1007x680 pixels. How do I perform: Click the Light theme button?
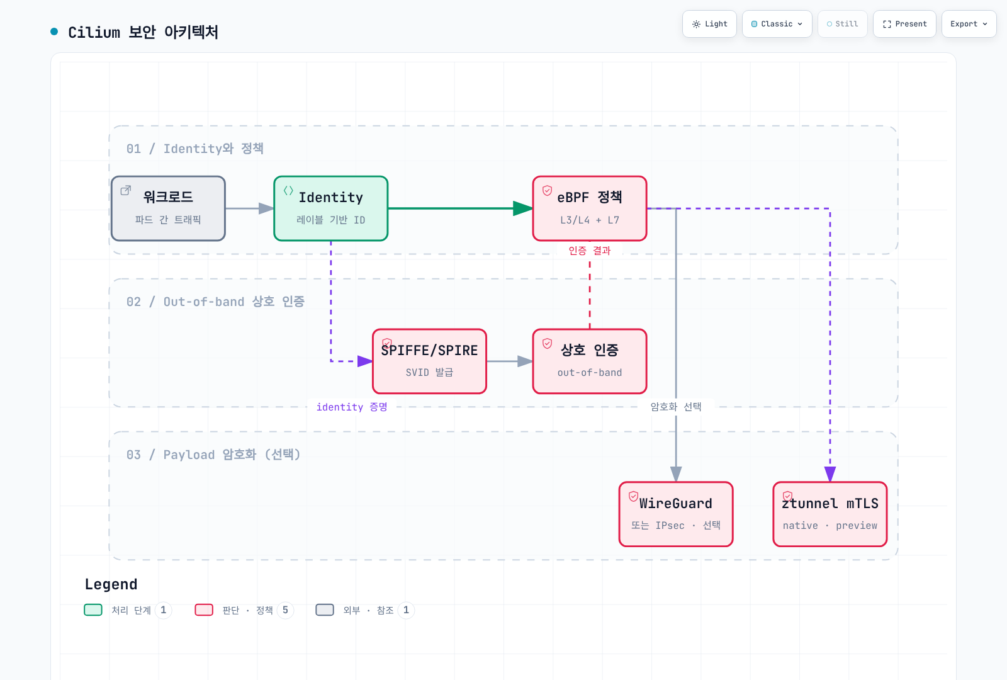pos(709,24)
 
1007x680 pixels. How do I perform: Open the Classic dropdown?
pos(777,24)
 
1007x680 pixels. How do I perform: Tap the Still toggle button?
pos(842,24)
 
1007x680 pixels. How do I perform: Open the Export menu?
pos(969,24)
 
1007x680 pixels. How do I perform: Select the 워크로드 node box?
pos(168,208)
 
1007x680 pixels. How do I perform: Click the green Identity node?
pos(331,208)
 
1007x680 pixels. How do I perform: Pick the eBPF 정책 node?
pos(589,208)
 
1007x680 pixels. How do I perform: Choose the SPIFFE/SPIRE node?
pos(429,361)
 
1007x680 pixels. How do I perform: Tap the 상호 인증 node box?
pos(589,361)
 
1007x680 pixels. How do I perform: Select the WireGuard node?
pos(676,514)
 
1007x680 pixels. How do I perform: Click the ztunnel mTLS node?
pos(830,514)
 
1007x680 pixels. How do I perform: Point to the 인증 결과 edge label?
pos(589,251)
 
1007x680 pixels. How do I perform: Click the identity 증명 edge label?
pos(352,407)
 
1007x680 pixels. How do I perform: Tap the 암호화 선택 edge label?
pos(676,407)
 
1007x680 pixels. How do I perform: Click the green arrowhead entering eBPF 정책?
pos(523,208)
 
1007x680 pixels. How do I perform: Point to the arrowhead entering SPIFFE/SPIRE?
pos(364,361)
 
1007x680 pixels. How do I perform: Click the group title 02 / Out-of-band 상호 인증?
pos(215,302)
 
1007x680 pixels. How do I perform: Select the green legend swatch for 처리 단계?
pos(93,610)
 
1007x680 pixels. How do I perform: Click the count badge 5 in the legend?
pos(285,610)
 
